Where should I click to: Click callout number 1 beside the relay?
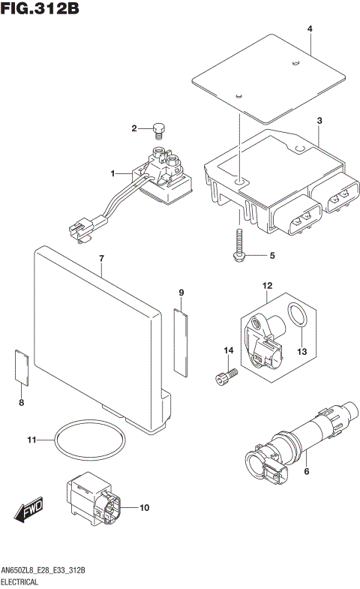113,173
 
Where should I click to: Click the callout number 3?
319,120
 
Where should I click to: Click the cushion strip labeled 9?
181,341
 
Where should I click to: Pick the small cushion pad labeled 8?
22,367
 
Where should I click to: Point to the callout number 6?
306,471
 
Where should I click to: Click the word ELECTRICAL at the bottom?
25,581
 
